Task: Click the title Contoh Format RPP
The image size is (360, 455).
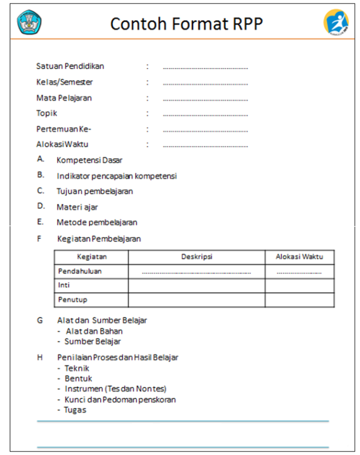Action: (x=186, y=23)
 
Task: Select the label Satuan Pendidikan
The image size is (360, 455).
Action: (x=70, y=66)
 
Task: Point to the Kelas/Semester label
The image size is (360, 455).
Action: (x=65, y=82)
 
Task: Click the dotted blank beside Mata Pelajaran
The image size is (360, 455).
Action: (x=205, y=99)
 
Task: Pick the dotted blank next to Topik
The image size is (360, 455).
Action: (x=205, y=115)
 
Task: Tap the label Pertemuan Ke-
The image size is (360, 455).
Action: (x=64, y=129)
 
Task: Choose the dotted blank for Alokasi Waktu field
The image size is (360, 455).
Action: (x=205, y=146)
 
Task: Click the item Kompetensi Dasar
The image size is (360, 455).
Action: (x=89, y=160)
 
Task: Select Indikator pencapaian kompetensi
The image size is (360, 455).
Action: (x=117, y=176)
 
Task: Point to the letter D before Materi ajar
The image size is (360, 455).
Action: (x=41, y=206)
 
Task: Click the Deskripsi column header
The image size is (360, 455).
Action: (x=197, y=257)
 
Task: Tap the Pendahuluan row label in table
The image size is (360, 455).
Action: (x=80, y=271)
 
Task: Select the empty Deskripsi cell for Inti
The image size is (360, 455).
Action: (x=197, y=285)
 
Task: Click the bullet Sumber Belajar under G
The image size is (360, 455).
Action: (x=93, y=341)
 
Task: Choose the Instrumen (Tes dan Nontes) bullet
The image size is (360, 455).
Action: (x=115, y=389)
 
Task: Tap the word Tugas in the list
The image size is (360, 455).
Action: (x=75, y=410)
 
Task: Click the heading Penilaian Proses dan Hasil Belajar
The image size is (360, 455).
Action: (x=118, y=357)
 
